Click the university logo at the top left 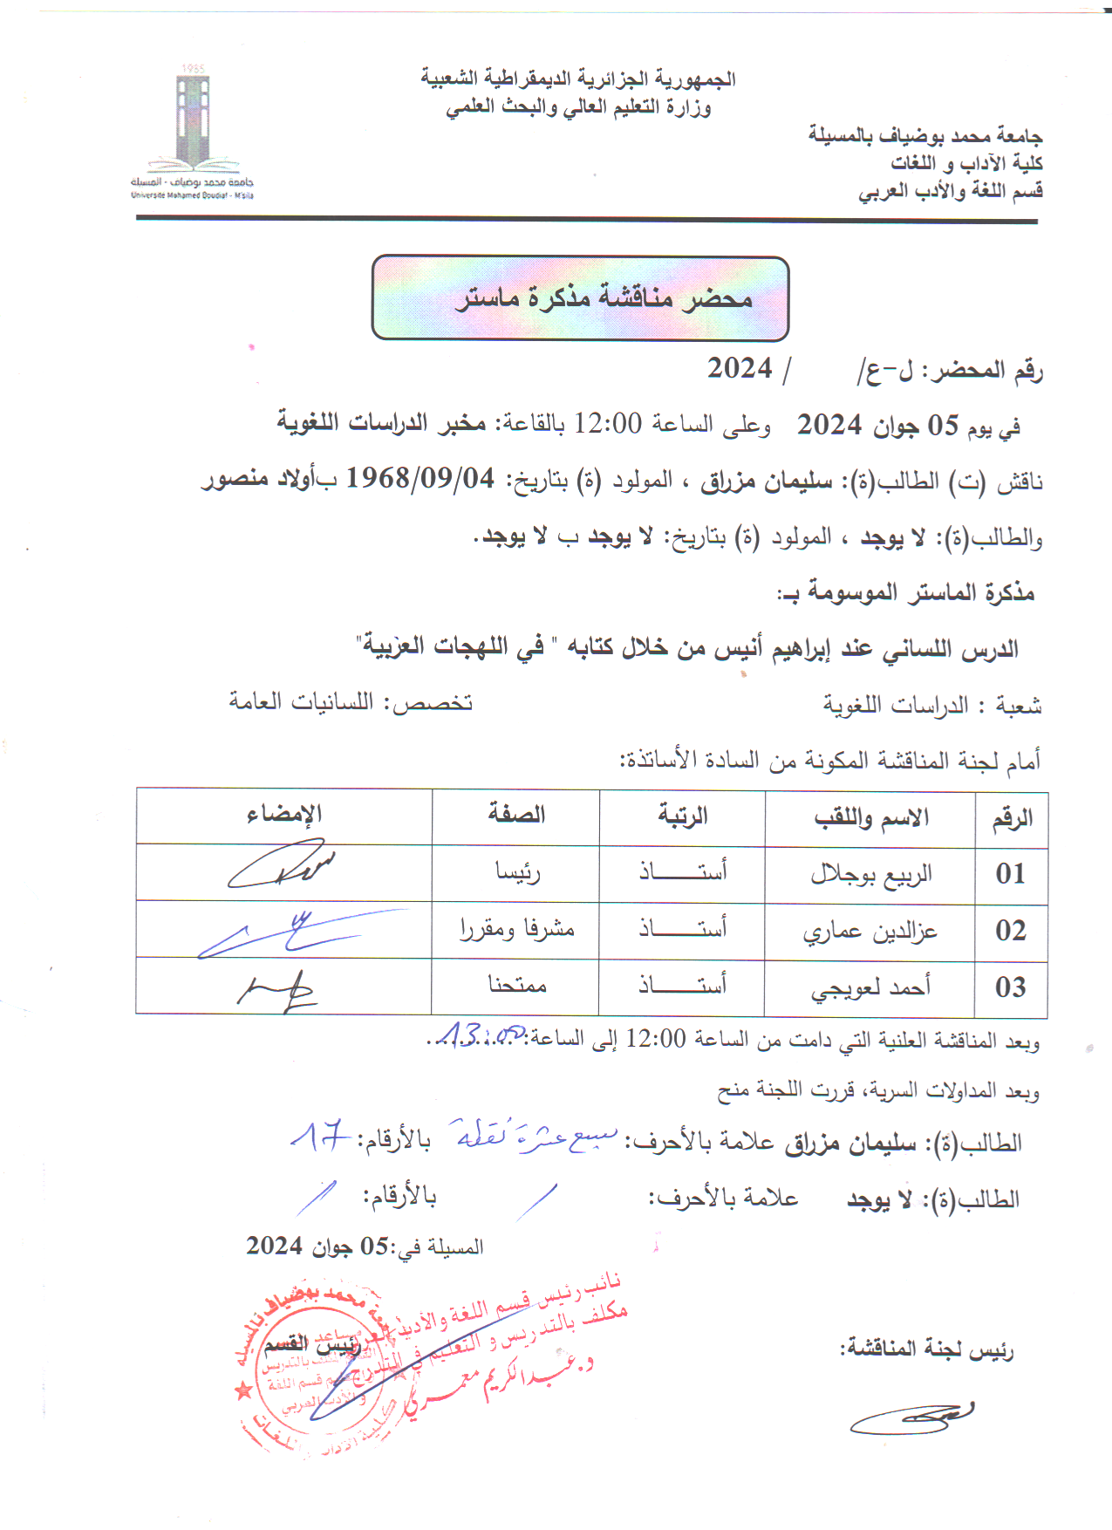[193, 131]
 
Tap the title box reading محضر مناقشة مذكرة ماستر [580, 298]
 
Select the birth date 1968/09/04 [420, 478]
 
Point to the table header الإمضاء [284, 815]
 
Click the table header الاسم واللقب [870, 817]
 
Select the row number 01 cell [1011, 873]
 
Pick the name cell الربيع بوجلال [870, 873]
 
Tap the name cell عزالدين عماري [870, 931]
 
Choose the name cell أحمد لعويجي [870, 987]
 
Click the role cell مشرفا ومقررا [516, 929]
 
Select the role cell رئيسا [517, 871]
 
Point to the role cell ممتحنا [516, 986]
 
